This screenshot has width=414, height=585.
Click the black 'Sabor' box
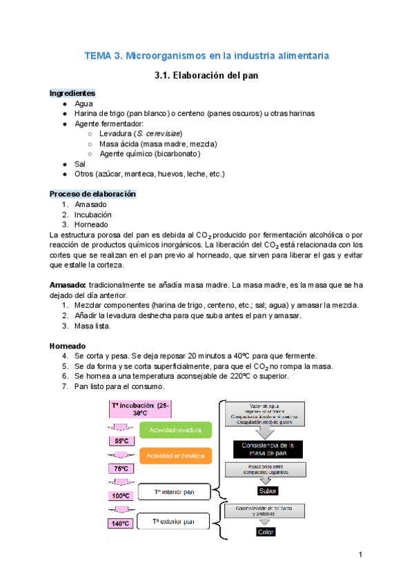pos(266,491)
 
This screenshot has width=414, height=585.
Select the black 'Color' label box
pos(266,532)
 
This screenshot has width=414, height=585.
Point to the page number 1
pos(360,555)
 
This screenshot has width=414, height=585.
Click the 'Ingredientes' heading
pos(72,92)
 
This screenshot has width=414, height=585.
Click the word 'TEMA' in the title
pos(98,54)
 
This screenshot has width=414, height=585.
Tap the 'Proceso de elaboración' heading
pos(92,195)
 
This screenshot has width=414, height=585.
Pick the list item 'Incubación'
pos(93,215)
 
